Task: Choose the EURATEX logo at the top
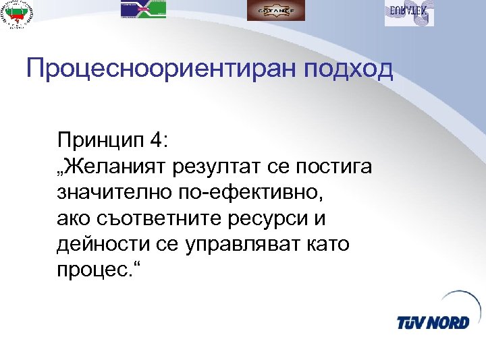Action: coord(409,11)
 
